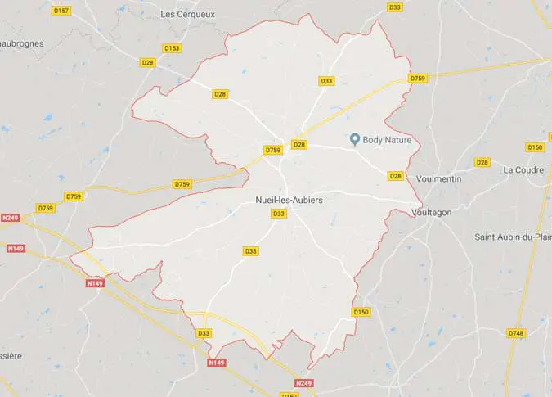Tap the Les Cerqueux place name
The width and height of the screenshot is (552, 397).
[x=189, y=14]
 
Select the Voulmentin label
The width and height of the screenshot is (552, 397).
[x=439, y=178]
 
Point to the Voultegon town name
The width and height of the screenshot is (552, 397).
[x=433, y=212]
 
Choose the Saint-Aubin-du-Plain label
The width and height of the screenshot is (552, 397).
[x=513, y=237]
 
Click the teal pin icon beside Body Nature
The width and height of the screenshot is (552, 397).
[x=355, y=139]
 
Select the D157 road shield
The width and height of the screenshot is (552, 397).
[x=61, y=11]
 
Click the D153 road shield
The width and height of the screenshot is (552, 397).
[x=172, y=48]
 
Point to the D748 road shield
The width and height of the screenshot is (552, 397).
[x=516, y=333]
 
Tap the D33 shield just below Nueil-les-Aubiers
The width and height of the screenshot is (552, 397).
[x=279, y=214]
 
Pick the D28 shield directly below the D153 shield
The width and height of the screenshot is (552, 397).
[x=148, y=62]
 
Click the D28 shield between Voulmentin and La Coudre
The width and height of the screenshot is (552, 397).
[x=482, y=162]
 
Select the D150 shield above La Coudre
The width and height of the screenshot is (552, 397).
[x=535, y=147]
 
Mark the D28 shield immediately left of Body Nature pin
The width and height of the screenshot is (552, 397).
[x=299, y=145]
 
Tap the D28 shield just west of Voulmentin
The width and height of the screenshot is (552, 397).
[x=396, y=176]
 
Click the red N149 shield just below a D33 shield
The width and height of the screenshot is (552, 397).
[x=216, y=362]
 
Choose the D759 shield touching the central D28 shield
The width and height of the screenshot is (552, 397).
[x=273, y=150]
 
